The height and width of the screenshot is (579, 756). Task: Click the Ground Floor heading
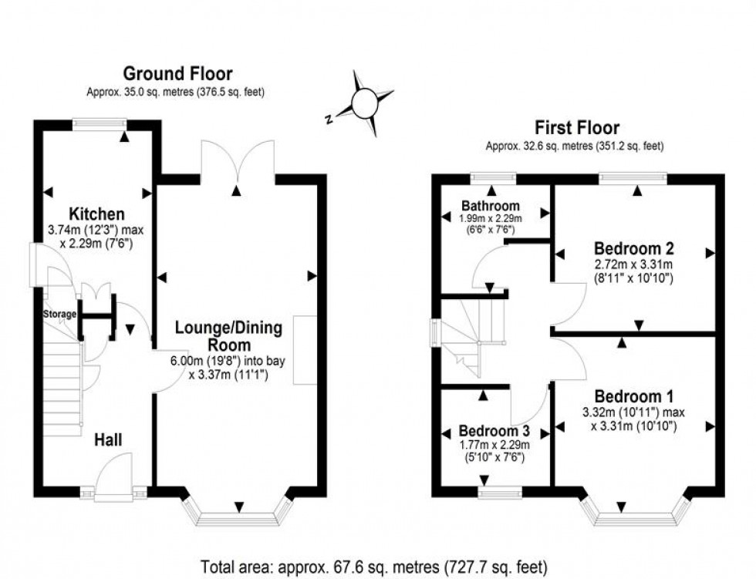coord(177,74)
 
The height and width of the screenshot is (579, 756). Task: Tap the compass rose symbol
coord(363,103)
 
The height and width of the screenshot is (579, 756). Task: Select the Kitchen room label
coord(96,214)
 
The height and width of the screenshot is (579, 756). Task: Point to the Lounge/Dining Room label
coord(228,336)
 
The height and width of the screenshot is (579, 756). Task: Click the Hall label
coord(109,439)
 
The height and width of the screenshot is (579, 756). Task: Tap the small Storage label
coord(59,314)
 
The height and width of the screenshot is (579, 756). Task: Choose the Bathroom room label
coord(491,206)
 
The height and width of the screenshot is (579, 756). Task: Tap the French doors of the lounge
coord(238,162)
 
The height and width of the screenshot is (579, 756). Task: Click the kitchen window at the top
coord(100,122)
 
